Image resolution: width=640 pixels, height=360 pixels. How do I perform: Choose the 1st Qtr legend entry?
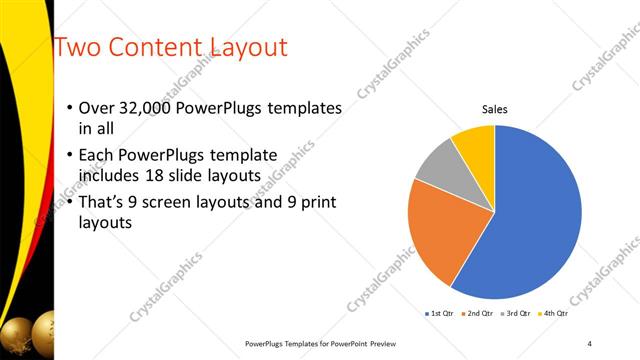440,314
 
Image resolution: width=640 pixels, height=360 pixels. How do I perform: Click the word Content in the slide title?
152,47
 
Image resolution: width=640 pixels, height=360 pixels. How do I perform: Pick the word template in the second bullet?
239,156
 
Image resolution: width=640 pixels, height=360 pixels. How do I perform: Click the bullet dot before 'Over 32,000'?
68,108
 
